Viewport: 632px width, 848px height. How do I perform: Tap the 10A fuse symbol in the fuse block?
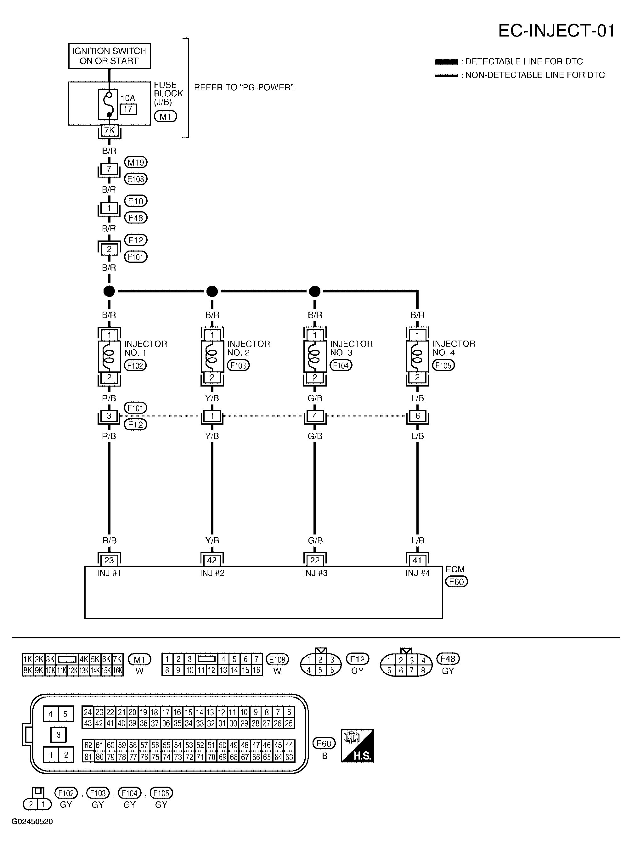click(x=109, y=104)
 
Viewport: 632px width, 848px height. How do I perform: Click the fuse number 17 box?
click(x=128, y=109)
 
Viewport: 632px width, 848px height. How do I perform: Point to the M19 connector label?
click(x=136, y=162)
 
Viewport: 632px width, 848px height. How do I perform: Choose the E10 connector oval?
click(x=136, y=201)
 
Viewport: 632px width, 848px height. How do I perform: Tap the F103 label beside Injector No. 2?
click(x=238, y=365)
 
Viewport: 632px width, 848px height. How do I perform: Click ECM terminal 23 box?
click(x=109, y=560)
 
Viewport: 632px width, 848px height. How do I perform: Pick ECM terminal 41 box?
click(x=417, y=560)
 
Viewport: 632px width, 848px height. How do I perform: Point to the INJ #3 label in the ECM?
click(x=315, y=573)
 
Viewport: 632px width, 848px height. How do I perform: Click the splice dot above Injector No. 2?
click(x=212, y=291)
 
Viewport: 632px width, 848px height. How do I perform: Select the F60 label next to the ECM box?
click(x=456, y=582)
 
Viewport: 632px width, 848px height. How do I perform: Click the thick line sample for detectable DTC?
click(x=446, y=62)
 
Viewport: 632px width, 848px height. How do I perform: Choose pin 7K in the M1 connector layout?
click(x=117, y=659)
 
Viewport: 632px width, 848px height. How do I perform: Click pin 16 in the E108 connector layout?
click(x=257, y=670)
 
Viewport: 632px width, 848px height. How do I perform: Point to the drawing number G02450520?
click(x=32, y=822)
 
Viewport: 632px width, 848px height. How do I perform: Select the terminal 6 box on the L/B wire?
click(x=417, y=416)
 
